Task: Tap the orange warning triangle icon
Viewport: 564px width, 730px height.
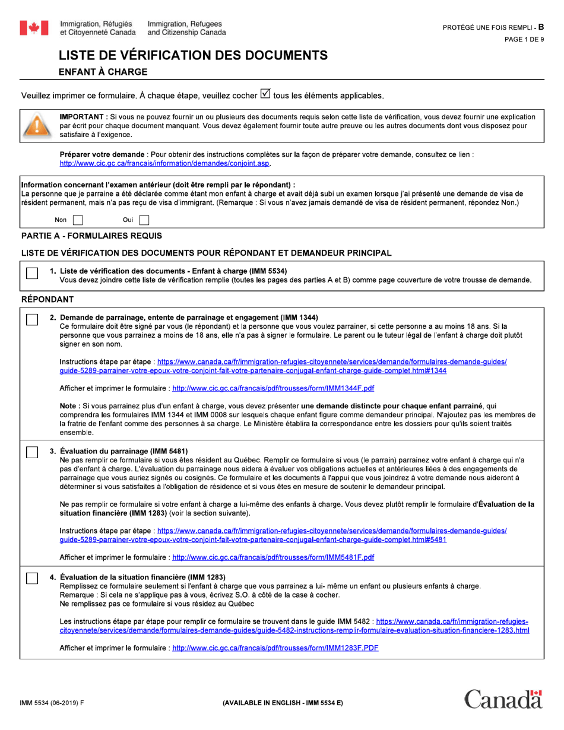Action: coord(36,125)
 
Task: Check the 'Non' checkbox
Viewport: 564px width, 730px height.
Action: coord(78,220)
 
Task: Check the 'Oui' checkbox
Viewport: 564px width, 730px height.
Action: coord(144,220)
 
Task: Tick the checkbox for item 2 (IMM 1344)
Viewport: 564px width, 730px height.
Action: coord(33,319)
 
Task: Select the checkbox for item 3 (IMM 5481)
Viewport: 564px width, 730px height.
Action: coord(33,452)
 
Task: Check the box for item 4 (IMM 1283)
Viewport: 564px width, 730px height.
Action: coord(33,578)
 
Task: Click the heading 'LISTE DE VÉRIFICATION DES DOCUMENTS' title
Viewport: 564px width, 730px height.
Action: coord(193,56)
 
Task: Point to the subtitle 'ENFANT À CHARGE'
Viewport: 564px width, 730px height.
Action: coord(102,72)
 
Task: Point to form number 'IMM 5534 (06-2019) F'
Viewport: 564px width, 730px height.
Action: coord(52,702)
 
